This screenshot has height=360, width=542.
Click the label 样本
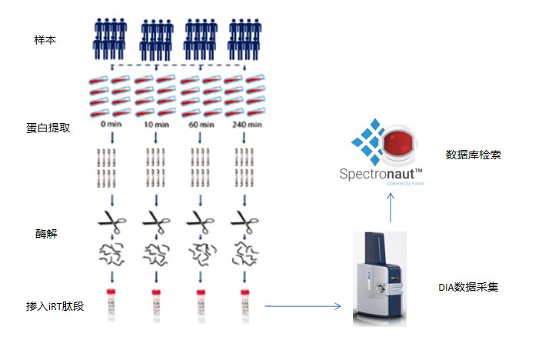[x=46, y=39]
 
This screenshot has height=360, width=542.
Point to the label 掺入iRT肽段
[x=55, y=306]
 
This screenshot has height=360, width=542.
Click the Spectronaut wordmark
[x=381, y=173]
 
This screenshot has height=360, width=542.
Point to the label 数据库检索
[x=474, y=155]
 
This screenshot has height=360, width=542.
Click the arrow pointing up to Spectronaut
[x=390, y=206]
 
